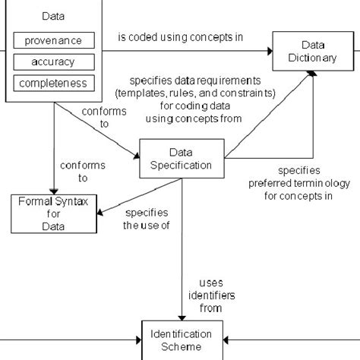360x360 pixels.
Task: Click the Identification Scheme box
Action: tap(182, 339)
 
